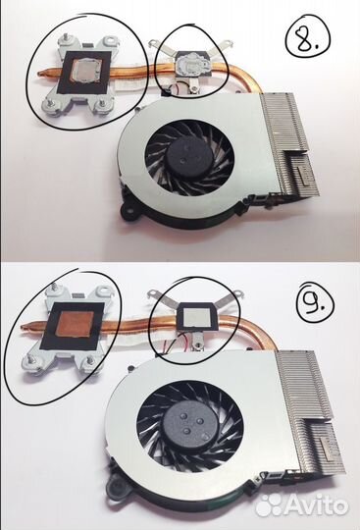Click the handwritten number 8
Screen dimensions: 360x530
point(305,38)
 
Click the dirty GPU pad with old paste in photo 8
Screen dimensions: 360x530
point(191,64)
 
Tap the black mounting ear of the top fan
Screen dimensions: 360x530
point(126,209)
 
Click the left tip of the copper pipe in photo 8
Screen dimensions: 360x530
point(40,72)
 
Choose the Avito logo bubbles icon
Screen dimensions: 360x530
point(269,504)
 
